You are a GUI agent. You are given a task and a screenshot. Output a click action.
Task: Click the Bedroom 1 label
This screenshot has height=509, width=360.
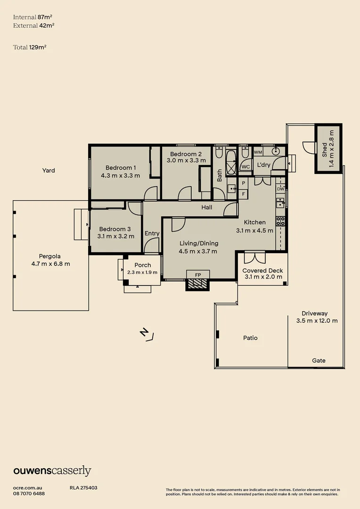point(121,167)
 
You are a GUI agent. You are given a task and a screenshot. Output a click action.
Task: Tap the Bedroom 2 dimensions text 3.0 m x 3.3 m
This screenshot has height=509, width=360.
point(186,160)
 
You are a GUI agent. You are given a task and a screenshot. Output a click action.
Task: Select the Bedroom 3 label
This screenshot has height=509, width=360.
point(115,229)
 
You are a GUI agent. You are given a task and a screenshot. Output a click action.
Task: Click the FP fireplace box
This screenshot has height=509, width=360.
point(197,274)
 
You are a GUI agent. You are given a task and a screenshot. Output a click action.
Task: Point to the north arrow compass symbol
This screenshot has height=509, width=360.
point(147,334)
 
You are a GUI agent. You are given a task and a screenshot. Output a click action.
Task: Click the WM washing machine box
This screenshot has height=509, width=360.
point(258,152)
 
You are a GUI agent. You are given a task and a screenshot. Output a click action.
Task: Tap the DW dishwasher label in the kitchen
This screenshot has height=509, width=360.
point(281,189)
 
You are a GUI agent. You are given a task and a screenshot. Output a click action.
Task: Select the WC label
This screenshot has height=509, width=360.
point(245,166)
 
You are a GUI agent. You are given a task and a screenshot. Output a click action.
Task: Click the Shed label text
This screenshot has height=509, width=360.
point(324,150)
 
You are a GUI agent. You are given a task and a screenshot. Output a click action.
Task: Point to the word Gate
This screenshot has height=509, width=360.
point(319,361)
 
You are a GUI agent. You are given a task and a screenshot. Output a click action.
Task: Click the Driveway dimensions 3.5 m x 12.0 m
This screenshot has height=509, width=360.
point(317,321)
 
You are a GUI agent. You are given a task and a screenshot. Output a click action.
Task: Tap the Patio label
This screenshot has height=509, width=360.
point(250,338)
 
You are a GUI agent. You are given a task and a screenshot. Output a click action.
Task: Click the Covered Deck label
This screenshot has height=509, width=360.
point(262,271)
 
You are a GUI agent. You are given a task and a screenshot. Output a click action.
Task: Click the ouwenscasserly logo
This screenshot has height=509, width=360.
point(52,471)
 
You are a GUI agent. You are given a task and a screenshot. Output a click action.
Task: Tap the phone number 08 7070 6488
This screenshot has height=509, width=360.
point(29,493)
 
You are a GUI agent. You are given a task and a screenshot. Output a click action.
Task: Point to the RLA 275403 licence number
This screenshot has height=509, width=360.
point(83,488)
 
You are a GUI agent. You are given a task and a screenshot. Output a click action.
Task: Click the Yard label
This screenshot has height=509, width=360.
point(49,171)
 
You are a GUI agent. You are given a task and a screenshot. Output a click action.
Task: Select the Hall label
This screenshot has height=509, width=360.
point(207,207)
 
